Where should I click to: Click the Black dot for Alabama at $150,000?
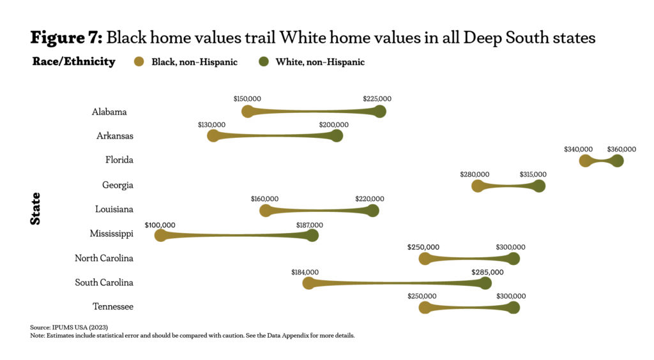(248, 112)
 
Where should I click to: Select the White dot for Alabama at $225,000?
(380, 112)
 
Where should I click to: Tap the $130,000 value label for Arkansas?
(211, 124)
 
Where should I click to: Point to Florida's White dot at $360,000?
(617, 160)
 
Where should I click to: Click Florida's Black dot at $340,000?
(585, 160)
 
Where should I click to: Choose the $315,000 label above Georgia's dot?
(532, 174)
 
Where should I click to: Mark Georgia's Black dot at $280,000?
(477, 186)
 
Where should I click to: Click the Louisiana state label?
(113, 209)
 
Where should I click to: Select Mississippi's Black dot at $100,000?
(161, 235)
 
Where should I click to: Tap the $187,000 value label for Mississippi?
(310, 225)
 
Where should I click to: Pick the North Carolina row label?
(104, 259)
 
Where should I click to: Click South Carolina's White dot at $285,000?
(485, 283)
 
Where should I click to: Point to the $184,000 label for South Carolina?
(305, 273)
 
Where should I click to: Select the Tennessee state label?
(113, 307)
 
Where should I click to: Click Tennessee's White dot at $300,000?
(513, 307)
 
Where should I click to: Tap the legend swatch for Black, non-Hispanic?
(139, 63)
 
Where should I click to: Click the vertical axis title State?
(36, 208)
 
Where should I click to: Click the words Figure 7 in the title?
(66, 38)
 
